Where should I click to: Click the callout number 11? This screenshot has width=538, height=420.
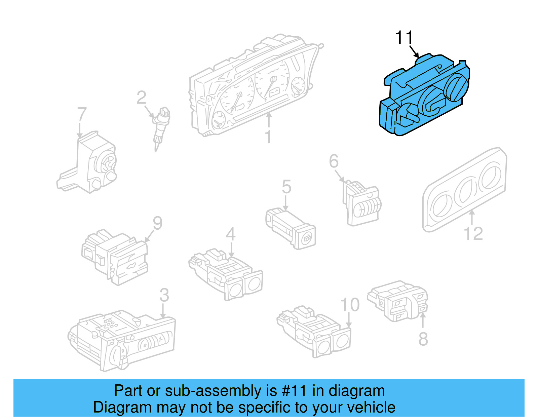[403, 37]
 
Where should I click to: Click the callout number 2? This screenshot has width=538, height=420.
[142, 98]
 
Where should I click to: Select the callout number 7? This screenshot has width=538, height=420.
[82, 114]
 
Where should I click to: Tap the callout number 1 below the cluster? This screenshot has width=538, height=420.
[268, 137]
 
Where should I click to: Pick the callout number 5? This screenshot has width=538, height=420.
[286, 187]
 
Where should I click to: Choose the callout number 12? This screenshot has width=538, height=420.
[473, 233]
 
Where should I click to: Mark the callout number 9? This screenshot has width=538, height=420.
[157, 223]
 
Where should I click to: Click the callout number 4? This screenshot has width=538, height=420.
[230, 234]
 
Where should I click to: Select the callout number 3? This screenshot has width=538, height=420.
[164, 295]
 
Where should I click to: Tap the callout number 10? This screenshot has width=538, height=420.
[350, 305]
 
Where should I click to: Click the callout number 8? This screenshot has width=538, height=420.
[423, 339]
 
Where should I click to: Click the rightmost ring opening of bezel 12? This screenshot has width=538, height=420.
[490, 177]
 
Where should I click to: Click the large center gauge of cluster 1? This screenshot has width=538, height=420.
[271, 81]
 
